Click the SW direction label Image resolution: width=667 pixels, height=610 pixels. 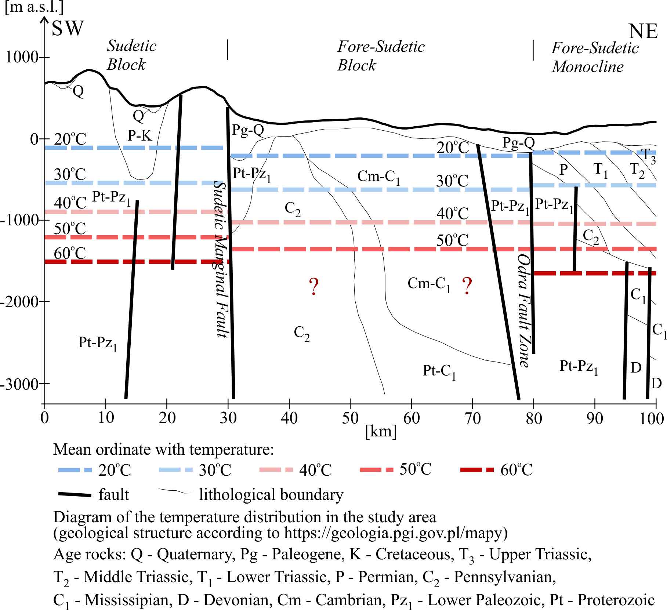click(x=68, y=28)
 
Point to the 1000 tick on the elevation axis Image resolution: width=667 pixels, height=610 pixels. click(x=22, y=58)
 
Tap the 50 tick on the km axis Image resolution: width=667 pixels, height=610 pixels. click(x=350, y=418)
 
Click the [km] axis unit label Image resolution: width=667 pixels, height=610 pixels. click(x=381, y=432)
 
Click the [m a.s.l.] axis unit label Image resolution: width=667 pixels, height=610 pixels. click(x=34, y=7)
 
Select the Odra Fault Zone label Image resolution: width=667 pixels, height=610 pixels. click(x=524, y=310)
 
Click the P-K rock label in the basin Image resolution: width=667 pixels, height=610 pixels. click(x=139, y=135)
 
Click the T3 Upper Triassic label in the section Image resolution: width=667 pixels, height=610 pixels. click(x=648, y=155)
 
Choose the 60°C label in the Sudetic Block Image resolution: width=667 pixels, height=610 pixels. click(x=70, y=253)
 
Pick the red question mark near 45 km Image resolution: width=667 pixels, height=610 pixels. click(x=313, y=287)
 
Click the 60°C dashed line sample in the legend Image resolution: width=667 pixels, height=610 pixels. click(x=476, y=470)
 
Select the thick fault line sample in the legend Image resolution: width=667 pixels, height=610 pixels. click(x=75, y=495)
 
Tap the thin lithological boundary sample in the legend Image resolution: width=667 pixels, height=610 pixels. click(x=175, y=492)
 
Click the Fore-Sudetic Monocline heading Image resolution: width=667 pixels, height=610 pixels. click(x=595, y=57)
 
